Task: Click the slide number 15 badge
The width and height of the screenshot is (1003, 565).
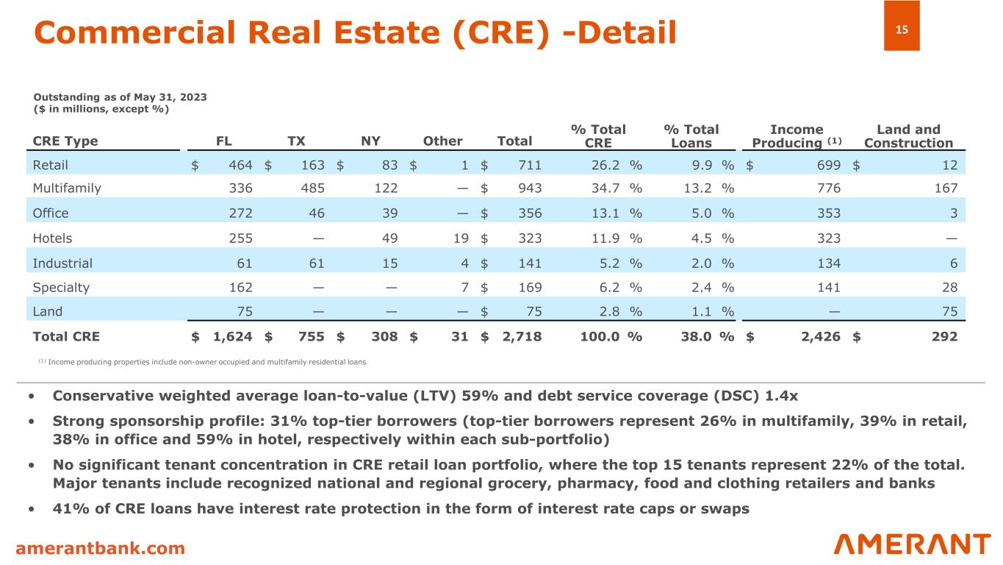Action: (902, 30)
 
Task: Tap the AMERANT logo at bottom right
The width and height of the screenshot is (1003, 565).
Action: (912, 544)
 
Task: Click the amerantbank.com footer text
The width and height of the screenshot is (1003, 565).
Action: (101, 548)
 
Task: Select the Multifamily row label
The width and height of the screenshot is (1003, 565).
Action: (67, 188)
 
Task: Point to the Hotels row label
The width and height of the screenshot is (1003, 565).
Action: (52, 238)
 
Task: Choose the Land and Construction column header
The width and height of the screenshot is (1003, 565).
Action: (908, 136)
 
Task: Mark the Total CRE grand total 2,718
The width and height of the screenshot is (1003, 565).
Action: (522, 336)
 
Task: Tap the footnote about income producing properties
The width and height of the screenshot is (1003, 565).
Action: (201, 362)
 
